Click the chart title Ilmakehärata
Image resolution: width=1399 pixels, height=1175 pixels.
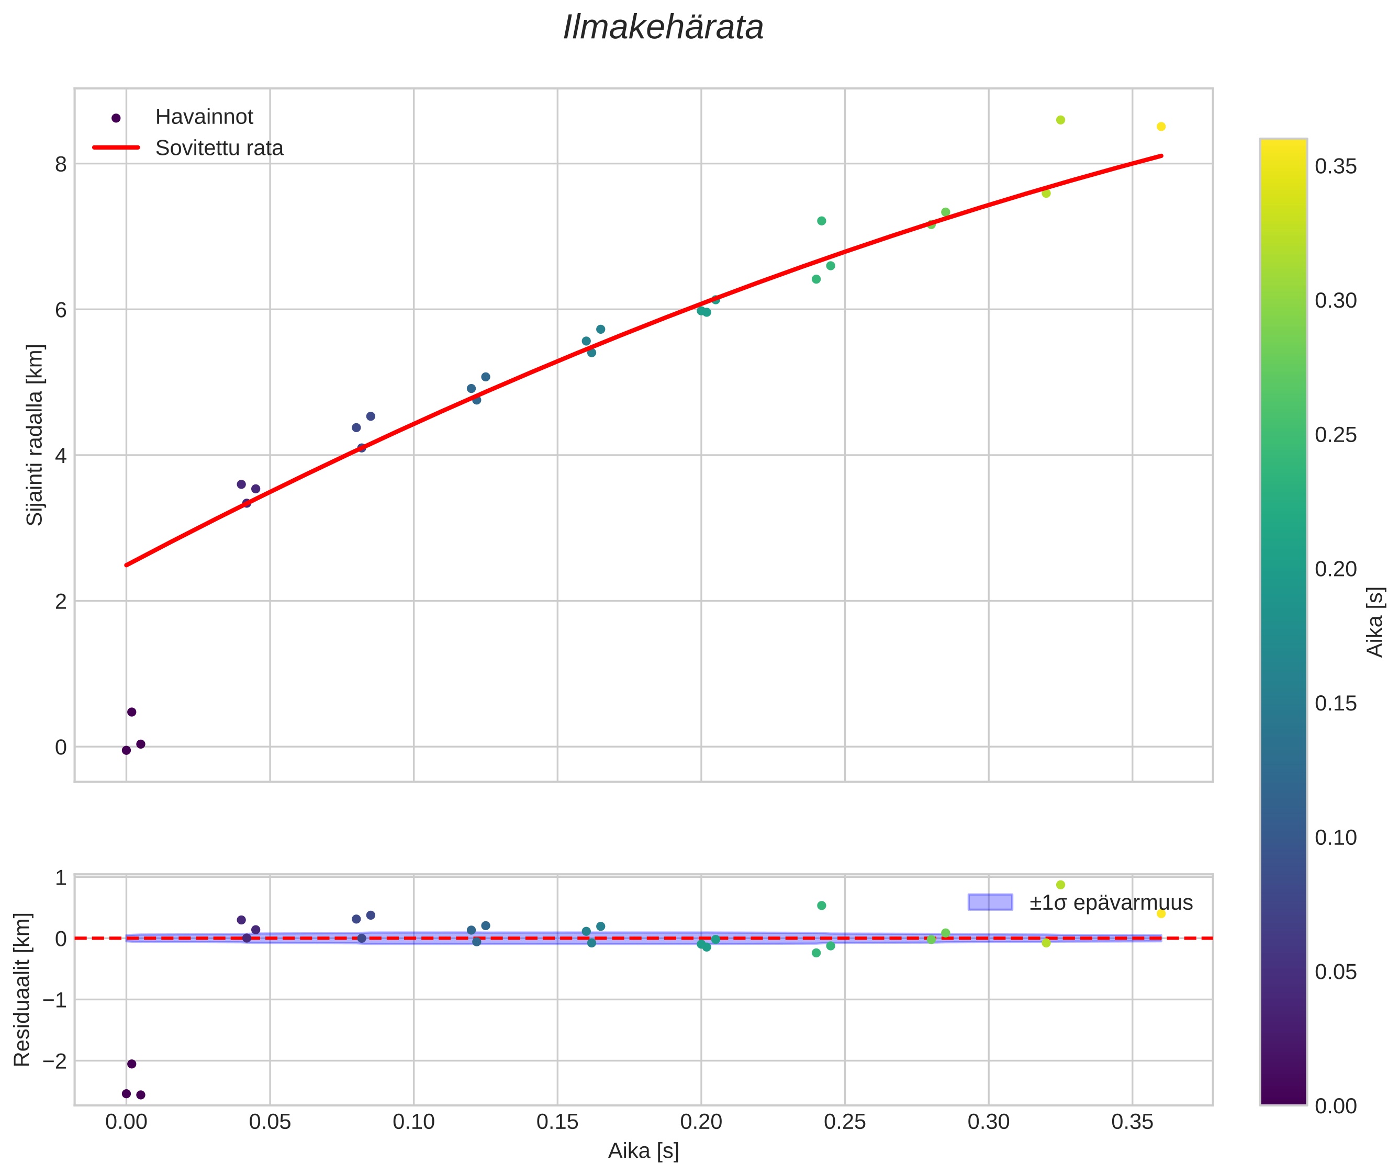pos(663,28)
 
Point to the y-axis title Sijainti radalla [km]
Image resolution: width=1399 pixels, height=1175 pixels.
pos(34,434)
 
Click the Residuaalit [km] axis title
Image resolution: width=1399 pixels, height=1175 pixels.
pos(22,989)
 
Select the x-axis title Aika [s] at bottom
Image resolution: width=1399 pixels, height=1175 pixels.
pos(643,1151)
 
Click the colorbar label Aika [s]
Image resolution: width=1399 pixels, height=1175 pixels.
pos(1374,622)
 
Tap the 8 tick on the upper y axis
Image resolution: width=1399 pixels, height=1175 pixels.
pos(61,164)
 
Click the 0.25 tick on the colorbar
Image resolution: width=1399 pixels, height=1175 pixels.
pos(1335,435)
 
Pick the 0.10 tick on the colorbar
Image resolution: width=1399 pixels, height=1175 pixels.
pos(1335,837)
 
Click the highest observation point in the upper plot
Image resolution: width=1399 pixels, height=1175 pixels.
pos(1060,120)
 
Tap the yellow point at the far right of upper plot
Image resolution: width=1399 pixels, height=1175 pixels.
pos(1161,127)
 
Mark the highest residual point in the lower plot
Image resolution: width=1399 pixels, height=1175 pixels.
pos(1060,885)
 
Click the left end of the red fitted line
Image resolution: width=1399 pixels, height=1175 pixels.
pos(127,565)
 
